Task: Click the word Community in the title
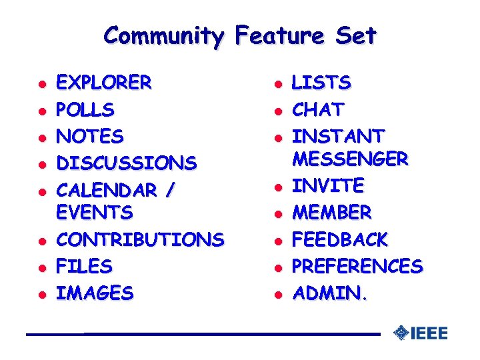164,35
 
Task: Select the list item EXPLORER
104,83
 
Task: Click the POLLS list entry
85,109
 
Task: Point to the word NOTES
90,137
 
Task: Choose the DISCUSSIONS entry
127,163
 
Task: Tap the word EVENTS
95,213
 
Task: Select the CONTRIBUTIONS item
140,239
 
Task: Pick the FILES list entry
84,266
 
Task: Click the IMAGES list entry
95,293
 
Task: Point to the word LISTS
322,83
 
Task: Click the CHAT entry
319,109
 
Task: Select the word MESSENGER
351,159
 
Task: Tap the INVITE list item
329,185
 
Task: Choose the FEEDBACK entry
341,239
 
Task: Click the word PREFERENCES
358,266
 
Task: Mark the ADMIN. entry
330,293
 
